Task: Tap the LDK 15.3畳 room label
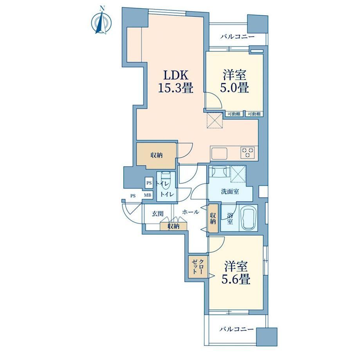[176, 81]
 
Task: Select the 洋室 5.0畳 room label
[234, 81]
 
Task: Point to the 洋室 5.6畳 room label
[236, 272]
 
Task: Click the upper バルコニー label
[238, 36]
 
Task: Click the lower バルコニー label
[237, 329]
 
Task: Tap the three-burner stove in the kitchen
[247, 153]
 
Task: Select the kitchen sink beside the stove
[219, 153]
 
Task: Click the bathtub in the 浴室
[248, 218]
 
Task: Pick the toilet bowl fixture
[166, 180]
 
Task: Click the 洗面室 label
[230, 191]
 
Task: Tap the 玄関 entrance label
[158, 214]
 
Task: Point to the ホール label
[190, 212]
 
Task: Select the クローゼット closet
[198, 267]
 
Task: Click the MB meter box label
[148, 196]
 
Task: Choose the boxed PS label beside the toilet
[149, 183]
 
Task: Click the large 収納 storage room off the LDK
[157, 156]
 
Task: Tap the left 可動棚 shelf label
[234, 113]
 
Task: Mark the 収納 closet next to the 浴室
[212, 218]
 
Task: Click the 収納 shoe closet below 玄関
[174, 227]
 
